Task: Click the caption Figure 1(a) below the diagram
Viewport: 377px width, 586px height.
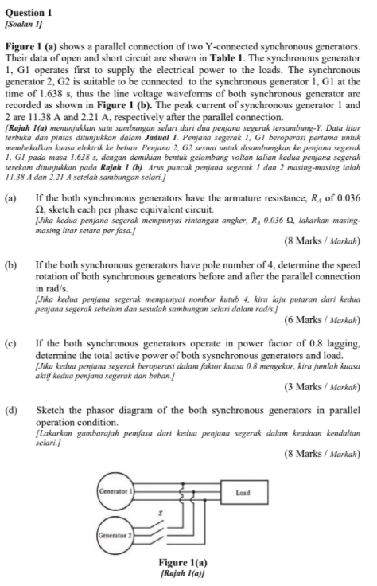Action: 186,566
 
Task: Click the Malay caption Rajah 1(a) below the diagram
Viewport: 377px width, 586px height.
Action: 186,576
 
